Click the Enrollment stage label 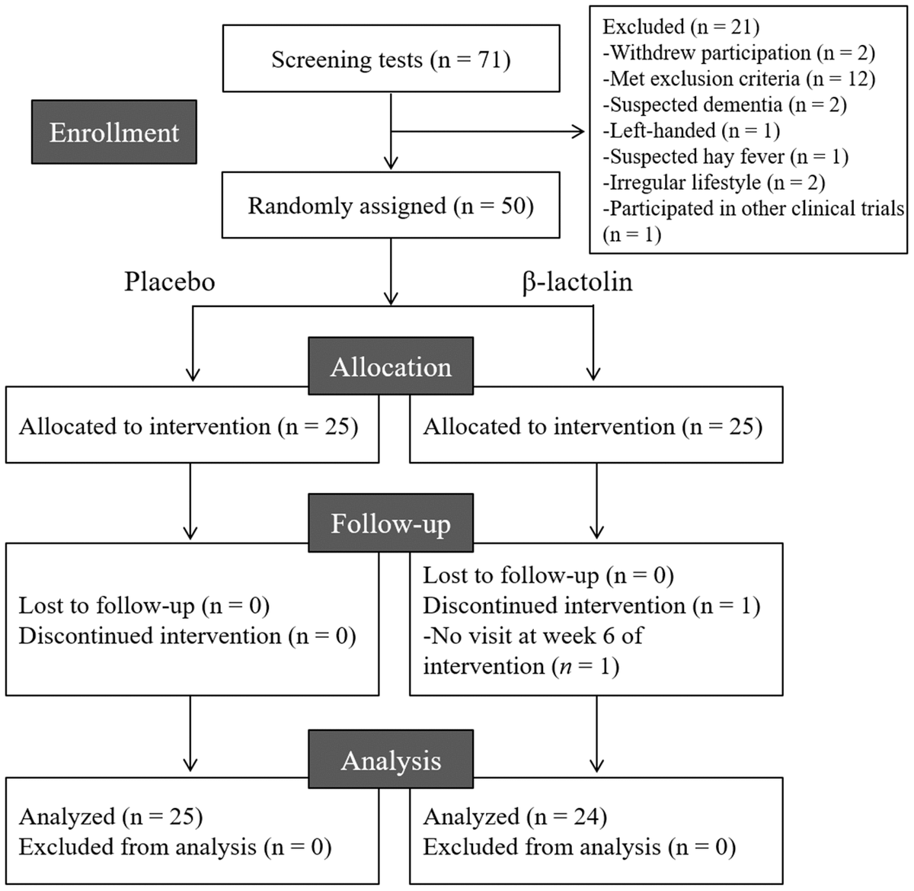coord(114,132)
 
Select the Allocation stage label coord(390,367)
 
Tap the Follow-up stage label coord(390,524)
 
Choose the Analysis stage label coord(390,760)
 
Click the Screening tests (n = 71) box coord(391,59)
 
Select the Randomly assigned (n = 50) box coord(391,206)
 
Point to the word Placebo coord(169,281)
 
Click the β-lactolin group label coord(577,281)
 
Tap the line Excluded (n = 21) coord(680,27)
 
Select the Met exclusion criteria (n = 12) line coord(739,79)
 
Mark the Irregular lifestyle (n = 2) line coord(714,182)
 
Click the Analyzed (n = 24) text coord(515,816)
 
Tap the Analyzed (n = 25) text coord(110,816)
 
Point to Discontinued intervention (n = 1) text coord(591,605)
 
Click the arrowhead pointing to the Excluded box coord(578,132)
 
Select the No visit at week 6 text coord(533,636)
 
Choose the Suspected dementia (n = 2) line coord(724,104)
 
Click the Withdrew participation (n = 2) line coord(739,53)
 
